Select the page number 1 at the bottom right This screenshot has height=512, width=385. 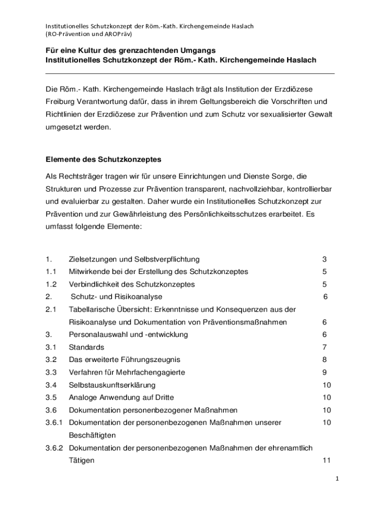[337, 478]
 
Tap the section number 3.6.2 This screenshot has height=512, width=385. [53, 447]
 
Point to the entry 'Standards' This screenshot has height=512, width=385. [86, 347]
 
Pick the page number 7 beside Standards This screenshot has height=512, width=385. [324, 347]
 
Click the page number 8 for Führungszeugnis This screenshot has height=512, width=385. [324, 359]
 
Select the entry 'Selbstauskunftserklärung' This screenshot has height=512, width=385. [112, 385]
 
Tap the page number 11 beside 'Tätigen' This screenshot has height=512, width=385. [326, 460]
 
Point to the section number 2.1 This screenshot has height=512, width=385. [50, 309]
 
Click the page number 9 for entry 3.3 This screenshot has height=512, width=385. [324, 372]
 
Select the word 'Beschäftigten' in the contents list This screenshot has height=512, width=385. [92, 435]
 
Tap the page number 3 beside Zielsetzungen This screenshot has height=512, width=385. [324, 259]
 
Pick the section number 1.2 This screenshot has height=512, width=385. [50, 284]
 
